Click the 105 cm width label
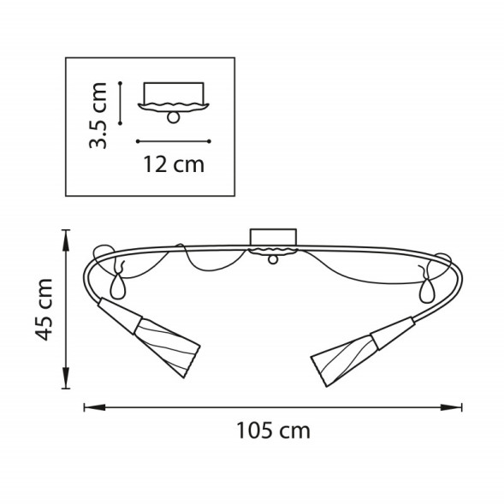point(273,430)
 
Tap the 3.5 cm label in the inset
point(99,116)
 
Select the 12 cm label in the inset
point(173,164)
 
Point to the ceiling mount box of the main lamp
point(272,237)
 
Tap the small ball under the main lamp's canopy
point(272,259)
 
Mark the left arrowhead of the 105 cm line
point(87,407)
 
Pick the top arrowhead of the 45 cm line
point(67,234)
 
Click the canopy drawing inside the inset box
point(174,96)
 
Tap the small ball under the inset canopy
point(174,117)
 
